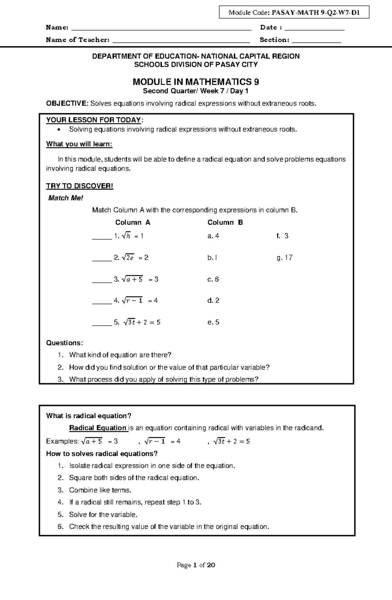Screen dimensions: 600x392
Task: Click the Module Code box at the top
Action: pyautogui.click(x=294, y=13)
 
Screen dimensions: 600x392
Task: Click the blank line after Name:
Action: pyautogui.click(x=161, y=28)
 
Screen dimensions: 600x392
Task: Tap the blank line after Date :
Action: pyautogui.click(x=314, y=28)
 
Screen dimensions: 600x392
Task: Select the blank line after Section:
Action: pyautogui.click(x=316, y=41)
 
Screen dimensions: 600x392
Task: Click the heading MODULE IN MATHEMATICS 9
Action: pyautogui.click(x=196, y=82)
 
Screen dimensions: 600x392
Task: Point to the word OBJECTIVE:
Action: pyautogui.click(x=67, y=104)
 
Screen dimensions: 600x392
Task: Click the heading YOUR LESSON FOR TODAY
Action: pyautogui.click(x=94, y=120)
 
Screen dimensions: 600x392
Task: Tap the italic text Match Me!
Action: pyautogui.click(x=66, y=198)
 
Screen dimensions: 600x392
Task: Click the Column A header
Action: pyautogui.click(x=133, y=223)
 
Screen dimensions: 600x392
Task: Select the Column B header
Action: pyautogui.click(x=225, y=223)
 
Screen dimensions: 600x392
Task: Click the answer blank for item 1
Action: pyautogui.click(x=102, y=238)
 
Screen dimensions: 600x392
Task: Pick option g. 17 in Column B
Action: pyautogui.click(x=284, y=258)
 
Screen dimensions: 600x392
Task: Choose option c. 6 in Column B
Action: pyautogui.click(x=213, y=279)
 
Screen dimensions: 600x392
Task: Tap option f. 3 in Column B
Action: pyautogui.click(x=282, y=236)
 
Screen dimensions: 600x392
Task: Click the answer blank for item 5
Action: pyautogui.click(x=102, y=324)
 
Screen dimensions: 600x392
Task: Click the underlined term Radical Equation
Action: pyautogui.click(x=98, y=428)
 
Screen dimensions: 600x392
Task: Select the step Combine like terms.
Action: pyautogui.click(x=100, y=490)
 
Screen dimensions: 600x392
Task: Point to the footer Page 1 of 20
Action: pyautogui.click(x=196, y=565)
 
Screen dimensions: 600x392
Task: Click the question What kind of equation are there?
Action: pyautogui.click(x=120, y=355)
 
